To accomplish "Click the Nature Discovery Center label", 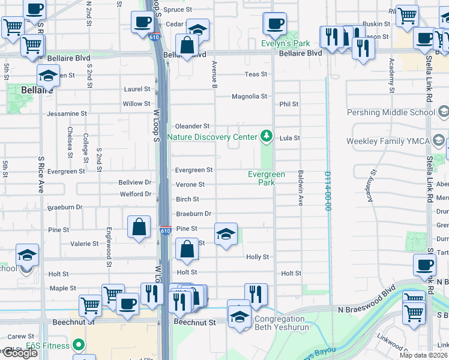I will (212, 137).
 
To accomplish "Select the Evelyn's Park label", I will (286, 43).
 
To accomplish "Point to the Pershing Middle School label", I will (391, 112).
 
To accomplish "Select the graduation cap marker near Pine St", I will (226, 235).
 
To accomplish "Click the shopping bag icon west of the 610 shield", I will (139, 228).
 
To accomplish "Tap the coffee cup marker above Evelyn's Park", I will (275, 25).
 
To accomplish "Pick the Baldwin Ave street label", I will (300, 188).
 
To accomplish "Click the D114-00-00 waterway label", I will (328, 191).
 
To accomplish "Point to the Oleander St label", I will (192, 127).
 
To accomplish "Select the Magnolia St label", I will (249, 97).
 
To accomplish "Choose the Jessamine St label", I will (67, 113).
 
